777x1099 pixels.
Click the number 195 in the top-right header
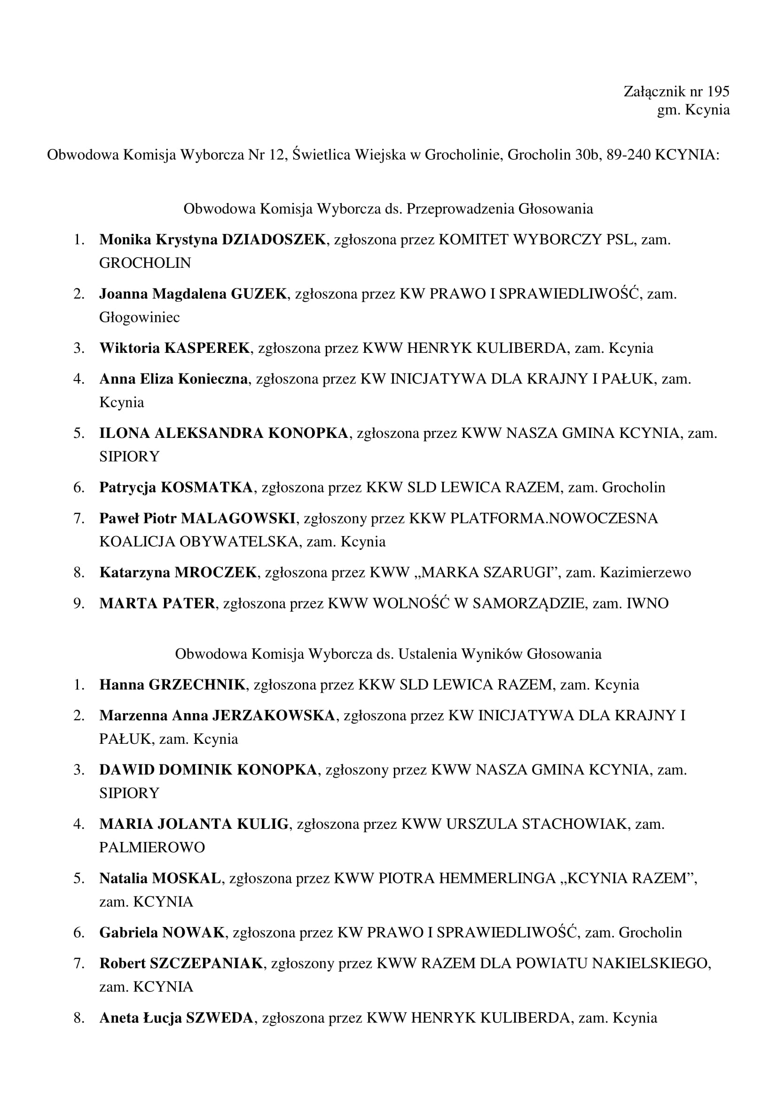[718, 92]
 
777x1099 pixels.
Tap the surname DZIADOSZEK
[274, 239]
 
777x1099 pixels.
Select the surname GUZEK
[259, 293]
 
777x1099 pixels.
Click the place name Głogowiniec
[139, 317]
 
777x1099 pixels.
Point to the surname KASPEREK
[207, 348]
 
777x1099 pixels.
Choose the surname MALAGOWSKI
[238, 518]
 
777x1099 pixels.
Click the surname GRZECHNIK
[197, 685]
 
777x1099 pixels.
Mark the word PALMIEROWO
[152, 847]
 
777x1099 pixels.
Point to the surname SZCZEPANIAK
[206, 963]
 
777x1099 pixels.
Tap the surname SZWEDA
[219, 1018]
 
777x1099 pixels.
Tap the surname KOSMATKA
[206, 487]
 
